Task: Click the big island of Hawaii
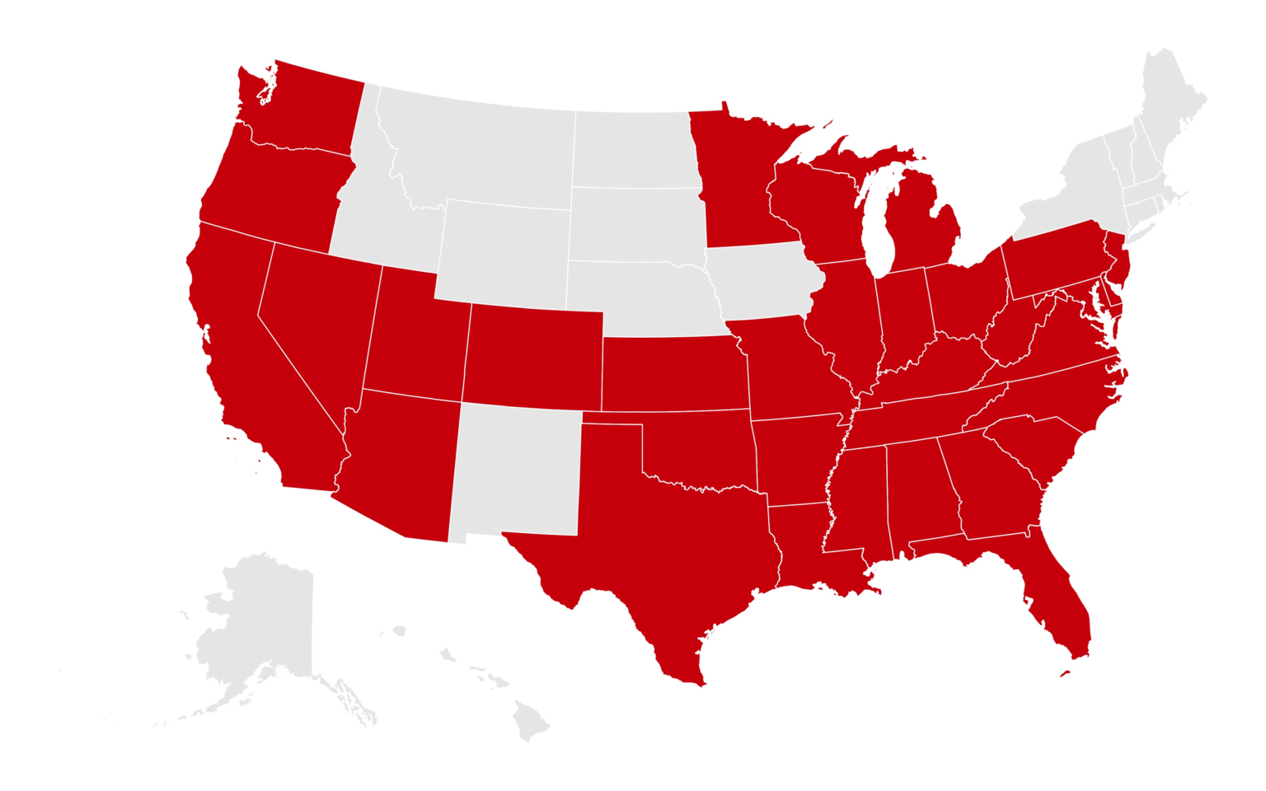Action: coord(528,721)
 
